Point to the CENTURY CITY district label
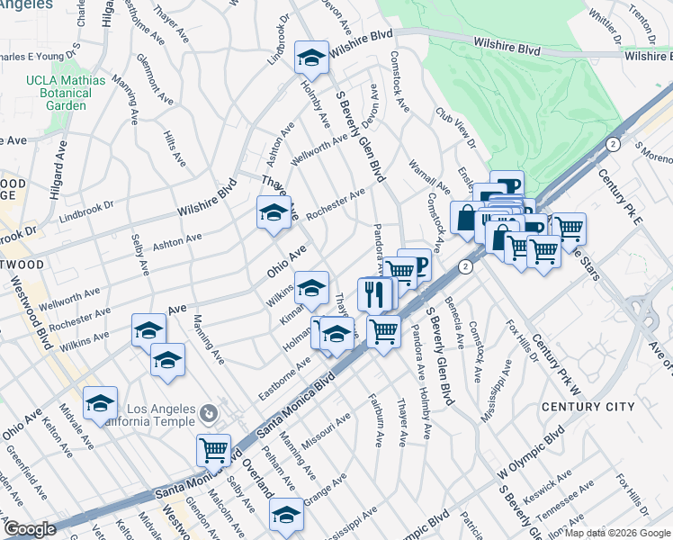pyautogui.click(x=588, y=407)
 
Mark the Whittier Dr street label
pyautogui.click(x=606, y=26)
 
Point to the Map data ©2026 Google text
pyautogui.click(x=617, y=533)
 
